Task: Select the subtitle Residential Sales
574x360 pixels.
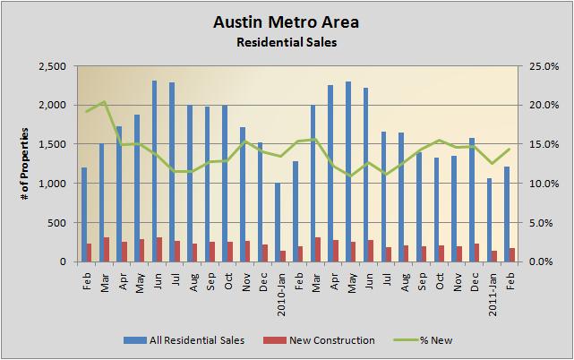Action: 287,41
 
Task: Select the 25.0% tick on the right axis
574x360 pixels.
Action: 543,66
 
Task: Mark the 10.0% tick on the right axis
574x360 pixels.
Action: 543,184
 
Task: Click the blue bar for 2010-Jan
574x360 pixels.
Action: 278,222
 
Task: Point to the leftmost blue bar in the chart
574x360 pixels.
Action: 84,215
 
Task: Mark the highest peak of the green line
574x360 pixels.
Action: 105,101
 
